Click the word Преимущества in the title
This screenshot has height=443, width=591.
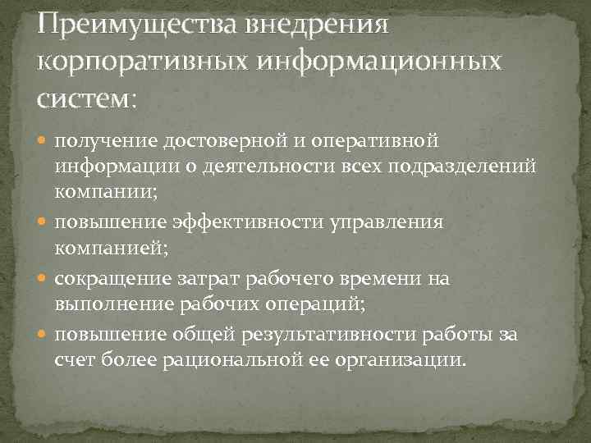pyautogui.click(x=134, y=24)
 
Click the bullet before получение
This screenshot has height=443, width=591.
pyautogui.click(x=44, y=143)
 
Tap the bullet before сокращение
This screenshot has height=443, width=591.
pyautogui.click(x=44, y=279)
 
